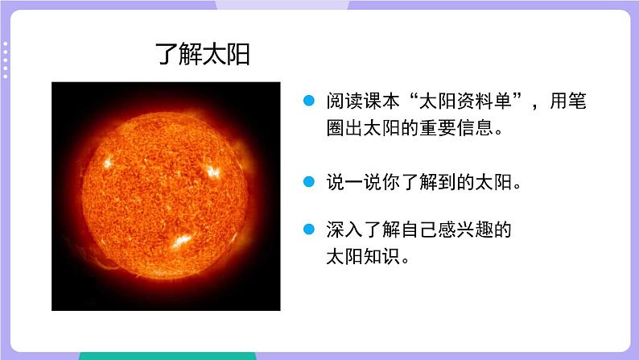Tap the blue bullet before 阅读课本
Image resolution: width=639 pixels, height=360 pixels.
tap(307, 102)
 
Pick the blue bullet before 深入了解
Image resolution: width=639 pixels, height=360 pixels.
tap(307, 231)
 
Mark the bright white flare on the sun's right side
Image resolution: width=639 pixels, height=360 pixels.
tap(212, 171)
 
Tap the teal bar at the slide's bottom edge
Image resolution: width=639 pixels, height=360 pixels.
tap(167, 355)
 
